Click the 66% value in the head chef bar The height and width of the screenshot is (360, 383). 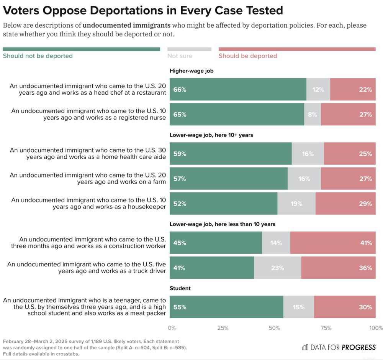click(180, 90)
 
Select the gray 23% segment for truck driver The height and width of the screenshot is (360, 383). click(277, 268)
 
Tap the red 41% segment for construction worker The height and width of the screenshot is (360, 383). click(333, 243)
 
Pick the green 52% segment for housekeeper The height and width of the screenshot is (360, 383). click(223, 204)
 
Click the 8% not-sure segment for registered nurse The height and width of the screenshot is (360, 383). click(313, 114)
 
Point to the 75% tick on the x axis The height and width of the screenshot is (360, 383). click(326, 328)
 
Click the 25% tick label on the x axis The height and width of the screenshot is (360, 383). click(223, 328)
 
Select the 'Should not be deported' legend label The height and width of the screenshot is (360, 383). click(38, 56)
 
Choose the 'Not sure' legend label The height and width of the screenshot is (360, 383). click(180, 56)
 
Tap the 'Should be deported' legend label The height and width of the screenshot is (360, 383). click(247, 56)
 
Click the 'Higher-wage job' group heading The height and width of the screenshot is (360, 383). click(191, 71)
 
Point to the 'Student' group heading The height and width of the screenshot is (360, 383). click(180, 288)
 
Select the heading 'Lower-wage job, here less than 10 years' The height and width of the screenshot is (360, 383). click(222, 224)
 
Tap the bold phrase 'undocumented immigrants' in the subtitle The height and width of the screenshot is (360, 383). click(126, 26)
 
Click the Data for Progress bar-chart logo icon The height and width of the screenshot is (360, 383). click(305, 347)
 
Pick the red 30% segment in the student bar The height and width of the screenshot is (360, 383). click(345, 307)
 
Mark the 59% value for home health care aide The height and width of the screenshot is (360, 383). click(180, 154)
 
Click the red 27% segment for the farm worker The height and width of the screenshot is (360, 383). click(348, 179)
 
